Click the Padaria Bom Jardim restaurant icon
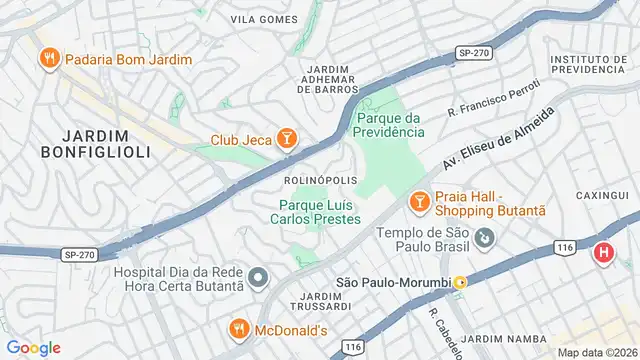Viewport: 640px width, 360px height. pyautogui.click(x=47, y=59)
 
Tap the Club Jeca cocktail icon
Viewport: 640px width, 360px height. pyautogui.click(x=287, y=139)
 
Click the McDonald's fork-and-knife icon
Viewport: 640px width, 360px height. pyautogui.click(x=239, y=328)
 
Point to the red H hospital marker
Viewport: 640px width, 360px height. pyautogui.click(x=604, y=253)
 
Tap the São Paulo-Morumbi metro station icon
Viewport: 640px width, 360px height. pyautogui.click(x=460, y=283)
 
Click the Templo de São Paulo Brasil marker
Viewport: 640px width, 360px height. pyautogui.click(x=485, y=238)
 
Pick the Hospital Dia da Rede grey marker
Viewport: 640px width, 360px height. pyautogui.click(x=258, y=277)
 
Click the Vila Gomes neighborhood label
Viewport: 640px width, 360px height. pyautogui.click(x=264, y=19)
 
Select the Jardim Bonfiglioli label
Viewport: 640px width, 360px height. pyautogui.click(x=95, y=144)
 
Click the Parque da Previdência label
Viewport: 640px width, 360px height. pyautogui.click(x=390, y=124)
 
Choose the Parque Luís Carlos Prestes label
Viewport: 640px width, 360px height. pyautogui.click(x=319, y=212)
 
